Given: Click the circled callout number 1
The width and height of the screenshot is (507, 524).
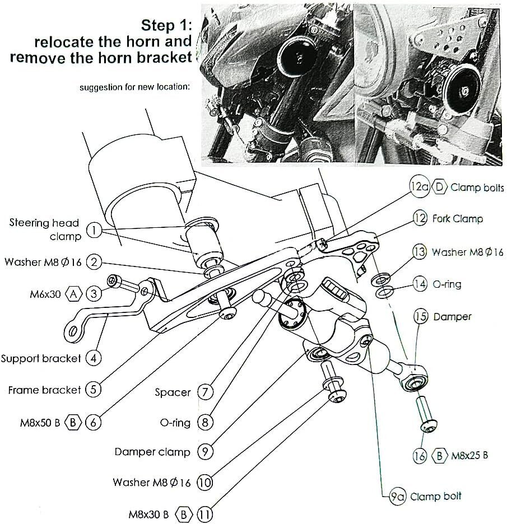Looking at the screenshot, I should tap(95, 230).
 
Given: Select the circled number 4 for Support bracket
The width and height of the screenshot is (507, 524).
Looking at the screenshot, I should tap(94, 358).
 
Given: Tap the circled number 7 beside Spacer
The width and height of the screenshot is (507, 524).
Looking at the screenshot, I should tap(205, 392).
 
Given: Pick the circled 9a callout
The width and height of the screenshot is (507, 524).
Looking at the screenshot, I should tap(397, 496).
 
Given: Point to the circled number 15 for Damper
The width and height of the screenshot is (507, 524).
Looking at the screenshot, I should tap(421, 317).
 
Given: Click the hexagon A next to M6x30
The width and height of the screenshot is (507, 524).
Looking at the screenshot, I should tap(74, 293).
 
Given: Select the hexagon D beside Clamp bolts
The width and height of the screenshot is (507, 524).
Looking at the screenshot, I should tap(440, 187).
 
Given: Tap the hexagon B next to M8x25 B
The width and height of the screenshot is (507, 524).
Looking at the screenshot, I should tap(440, 456).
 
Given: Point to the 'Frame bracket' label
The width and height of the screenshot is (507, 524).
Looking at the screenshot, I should tap(45, 390).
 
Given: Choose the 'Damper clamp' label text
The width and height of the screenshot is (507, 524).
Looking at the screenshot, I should tap(152, 451).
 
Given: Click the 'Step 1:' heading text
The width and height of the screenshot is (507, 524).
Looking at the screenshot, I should tap(166, 25).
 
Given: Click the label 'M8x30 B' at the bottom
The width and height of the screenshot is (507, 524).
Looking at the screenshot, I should tap(148, 514).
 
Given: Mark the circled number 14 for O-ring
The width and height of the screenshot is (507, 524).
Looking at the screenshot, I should tap(420, 284).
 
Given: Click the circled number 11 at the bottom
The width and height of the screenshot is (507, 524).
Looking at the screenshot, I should tap(205, 514).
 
